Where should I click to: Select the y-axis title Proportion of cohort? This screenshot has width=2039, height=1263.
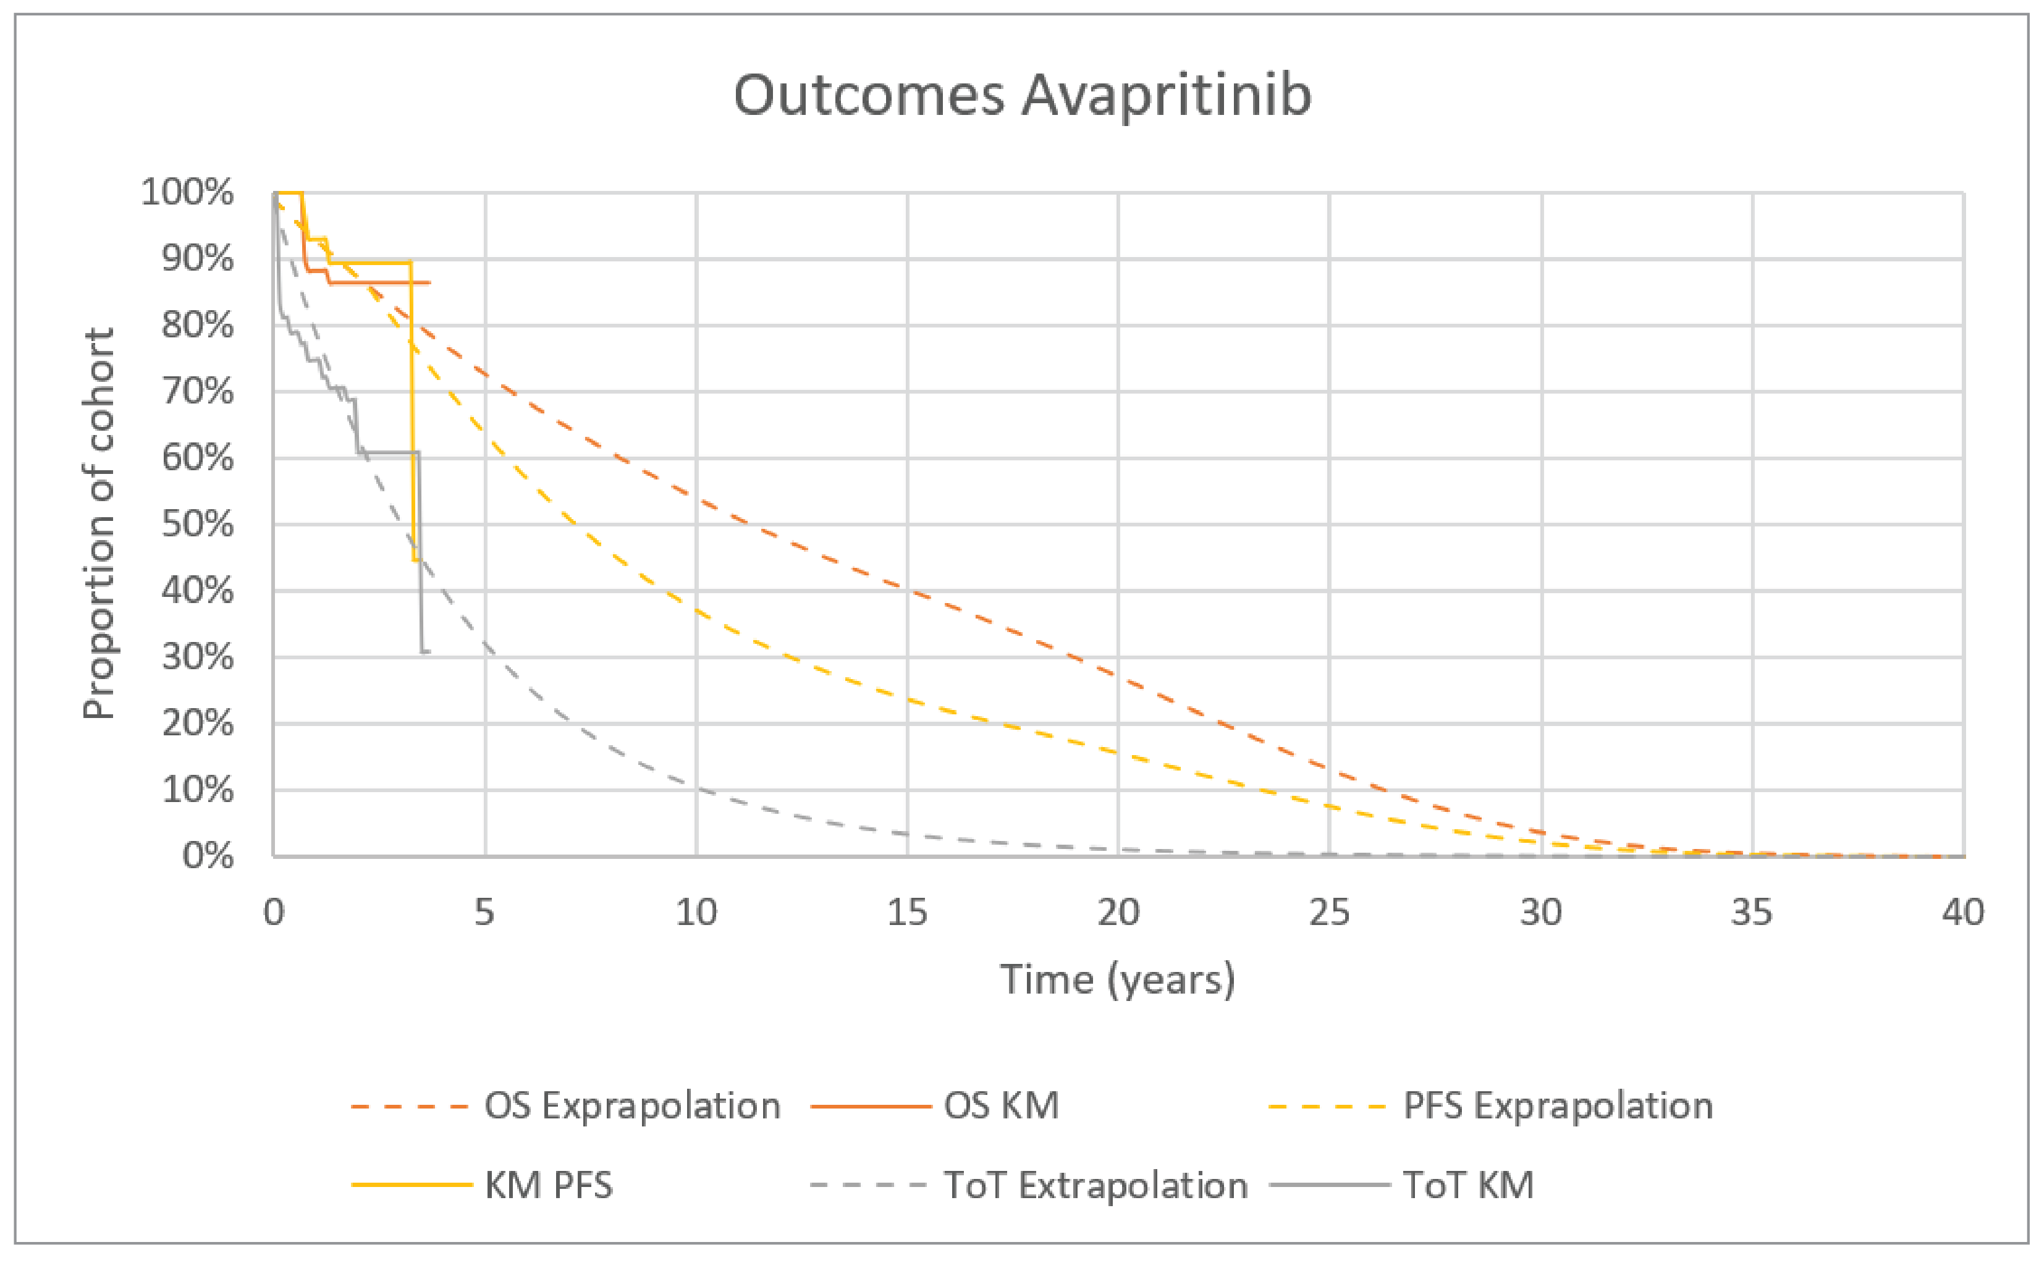coord(99,524)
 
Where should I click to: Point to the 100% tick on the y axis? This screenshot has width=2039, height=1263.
coord(187,192)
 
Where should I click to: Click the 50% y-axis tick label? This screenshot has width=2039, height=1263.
coord(197,525)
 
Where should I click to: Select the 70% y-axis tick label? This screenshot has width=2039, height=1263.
coord(197,391)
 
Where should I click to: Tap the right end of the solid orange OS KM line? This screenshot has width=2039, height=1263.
coord(429,283)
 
